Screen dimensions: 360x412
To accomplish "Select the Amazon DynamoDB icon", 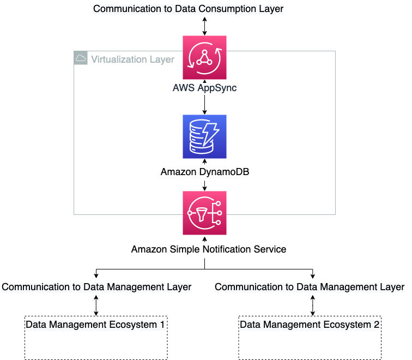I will click(x=205, y=136).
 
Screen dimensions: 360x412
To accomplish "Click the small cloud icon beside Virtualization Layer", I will click(x=81, y=58).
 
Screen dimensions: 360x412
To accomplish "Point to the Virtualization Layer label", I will click(x=132, y=59).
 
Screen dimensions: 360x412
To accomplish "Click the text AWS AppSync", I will click(x=205, y=88).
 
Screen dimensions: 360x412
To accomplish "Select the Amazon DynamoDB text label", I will click(x=205, y=172).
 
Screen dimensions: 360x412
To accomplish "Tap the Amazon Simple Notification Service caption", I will click(x=209, y=249).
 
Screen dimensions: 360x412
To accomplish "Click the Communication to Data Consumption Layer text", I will click(x=189, y=9).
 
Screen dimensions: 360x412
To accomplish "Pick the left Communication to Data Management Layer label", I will click(x=96, y=287).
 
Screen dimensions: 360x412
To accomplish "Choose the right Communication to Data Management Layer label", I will click(x=310, y=287).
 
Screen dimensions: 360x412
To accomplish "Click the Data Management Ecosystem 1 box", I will click(x=95, y=338).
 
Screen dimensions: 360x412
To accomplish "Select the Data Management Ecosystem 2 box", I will click(x=310, y=338).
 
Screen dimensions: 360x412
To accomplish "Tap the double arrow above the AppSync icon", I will click(x=205, y=26).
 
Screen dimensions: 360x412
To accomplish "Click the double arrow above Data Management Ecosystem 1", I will click(x=96, y=305).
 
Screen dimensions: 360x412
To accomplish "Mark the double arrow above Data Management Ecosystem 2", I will click(x=312, y=305).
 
